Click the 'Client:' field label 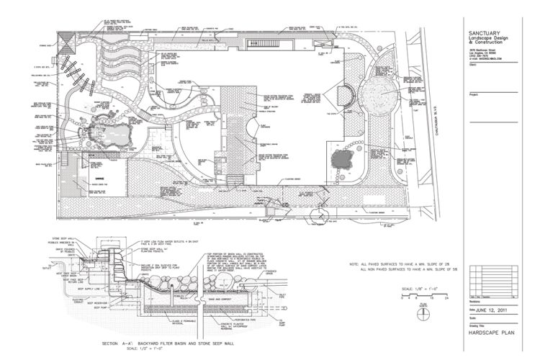472,65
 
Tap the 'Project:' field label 474,94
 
